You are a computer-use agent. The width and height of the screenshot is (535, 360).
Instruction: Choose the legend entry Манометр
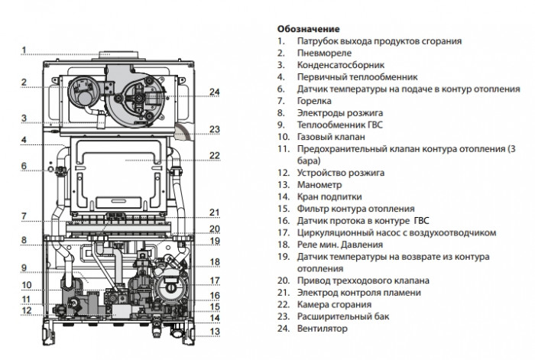tap(321, 184)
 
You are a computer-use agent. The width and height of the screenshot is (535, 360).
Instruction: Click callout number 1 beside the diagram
tap(24, 51)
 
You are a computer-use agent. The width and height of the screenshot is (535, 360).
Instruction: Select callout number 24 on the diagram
tap(215, 92)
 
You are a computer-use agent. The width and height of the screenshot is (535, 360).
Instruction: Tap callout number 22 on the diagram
tap(215, 155)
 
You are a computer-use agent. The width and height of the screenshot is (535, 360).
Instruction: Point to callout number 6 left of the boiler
tap(24, 166)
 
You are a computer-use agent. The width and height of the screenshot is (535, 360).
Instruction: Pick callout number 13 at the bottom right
tap(215, 331)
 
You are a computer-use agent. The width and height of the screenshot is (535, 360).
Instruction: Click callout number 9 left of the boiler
tap(24, 268)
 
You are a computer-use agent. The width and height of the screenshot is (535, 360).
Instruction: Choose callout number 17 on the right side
tap(215, 281)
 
